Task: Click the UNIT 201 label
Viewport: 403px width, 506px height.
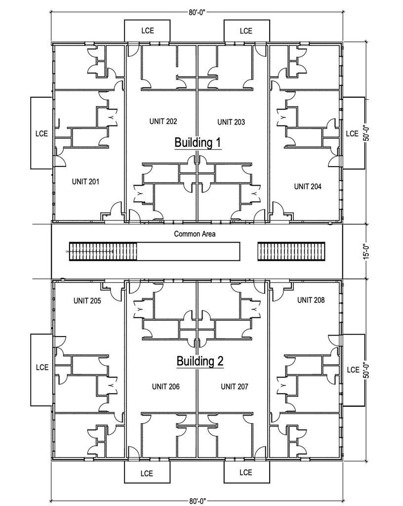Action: [85, 182]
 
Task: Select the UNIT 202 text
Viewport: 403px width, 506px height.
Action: [163, 122]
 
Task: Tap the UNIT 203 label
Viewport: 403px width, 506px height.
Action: [231, 122]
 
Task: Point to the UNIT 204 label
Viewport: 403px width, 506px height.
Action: [308, 186]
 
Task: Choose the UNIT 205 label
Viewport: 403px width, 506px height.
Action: [87, 300]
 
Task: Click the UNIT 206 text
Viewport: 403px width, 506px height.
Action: [165, 386]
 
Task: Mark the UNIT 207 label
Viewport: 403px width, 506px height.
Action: [234, 386]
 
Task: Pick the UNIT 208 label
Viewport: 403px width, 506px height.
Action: [311, 300]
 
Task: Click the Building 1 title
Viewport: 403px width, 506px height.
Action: [198, 142]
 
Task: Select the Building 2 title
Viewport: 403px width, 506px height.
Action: [200, 361]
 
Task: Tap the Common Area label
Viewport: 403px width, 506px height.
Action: [195, 234]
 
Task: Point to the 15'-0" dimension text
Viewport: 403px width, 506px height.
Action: [366, 251]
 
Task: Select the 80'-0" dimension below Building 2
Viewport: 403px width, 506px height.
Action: [198, 501]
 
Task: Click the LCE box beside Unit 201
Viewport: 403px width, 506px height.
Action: [41, 133]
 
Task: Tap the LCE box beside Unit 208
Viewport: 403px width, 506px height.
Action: [353, 370]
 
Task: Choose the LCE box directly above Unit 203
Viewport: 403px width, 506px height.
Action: [246, 31]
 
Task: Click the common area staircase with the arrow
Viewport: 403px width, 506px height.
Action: [102, 252]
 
